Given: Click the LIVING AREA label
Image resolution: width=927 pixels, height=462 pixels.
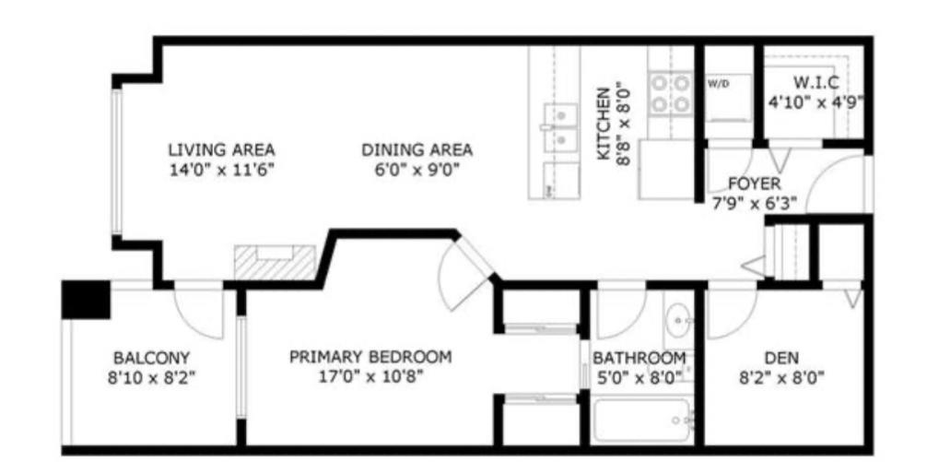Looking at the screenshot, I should pyautogui.click(x=221, y=149).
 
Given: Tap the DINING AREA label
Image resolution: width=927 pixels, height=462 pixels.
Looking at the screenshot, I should pyautogui.click(x=417, y=149).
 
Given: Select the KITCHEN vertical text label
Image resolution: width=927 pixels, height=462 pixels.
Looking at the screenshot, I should pyautogui.click(x=604, y=124).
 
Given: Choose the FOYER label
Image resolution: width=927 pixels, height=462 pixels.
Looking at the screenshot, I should pyautogui.click(x=754, y=184).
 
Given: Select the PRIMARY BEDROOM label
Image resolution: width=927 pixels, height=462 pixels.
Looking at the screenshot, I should pyautogui.click(x=370, y=357).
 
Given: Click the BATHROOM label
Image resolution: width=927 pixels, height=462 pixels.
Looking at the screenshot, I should pyautogui.click(x=639, y=358).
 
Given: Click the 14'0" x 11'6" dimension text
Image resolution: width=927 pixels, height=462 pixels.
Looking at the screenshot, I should pyautogui.click(x=221, y=170).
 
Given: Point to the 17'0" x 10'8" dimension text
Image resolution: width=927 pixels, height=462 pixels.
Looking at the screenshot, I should pyautogui.click(x=370, y=376).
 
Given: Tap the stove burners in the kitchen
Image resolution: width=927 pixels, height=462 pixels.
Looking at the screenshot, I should pyautogui.click(x=671, y=93).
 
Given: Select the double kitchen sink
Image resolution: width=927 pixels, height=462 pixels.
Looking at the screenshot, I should pyautogui.click(x=559, y=128).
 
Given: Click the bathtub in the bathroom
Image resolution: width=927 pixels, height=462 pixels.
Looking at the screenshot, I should pyautogui.click(x=642, y=421).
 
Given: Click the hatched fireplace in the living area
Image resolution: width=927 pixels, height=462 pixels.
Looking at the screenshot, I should pyautogui.click(x=275, y=264).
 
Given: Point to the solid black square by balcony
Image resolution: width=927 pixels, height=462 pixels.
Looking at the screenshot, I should pyautogui.click(x=86, y=299).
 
